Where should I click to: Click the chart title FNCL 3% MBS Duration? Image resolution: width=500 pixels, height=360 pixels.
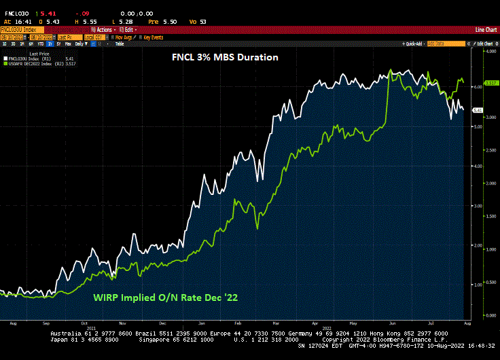click(x=224, y=58)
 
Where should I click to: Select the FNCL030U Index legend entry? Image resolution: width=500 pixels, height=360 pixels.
click(x=30, y=59)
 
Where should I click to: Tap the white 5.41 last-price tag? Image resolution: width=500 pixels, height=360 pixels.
click(x=478, y=110)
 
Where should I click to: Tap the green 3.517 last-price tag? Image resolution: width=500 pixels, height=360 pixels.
click(x=478, y=84)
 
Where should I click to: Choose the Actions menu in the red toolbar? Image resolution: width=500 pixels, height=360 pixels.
click(x=103, y=30)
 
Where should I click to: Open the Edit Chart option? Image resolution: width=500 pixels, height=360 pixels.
click(x=484, y=43)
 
